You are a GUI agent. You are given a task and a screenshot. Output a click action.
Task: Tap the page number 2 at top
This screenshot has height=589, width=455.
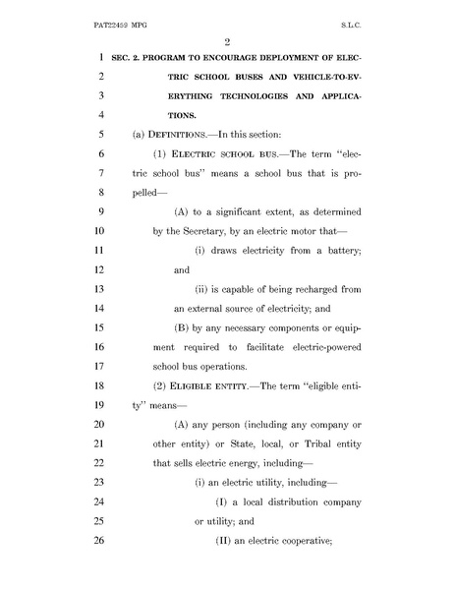tap(226, 40)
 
